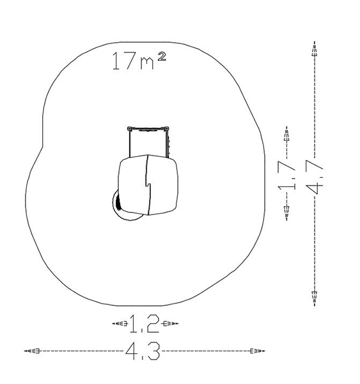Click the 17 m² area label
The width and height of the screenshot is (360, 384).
pyautogui.click(x=139, y=61)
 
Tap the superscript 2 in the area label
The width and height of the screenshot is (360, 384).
pyautogui.click(x=162, y=56)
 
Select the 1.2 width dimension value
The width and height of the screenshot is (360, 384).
pyautogui.click(x=145, y=324)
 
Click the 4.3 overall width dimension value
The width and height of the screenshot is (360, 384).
pyautogui.click(x=143, y=351)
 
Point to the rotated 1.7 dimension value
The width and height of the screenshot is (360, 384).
pyautogui.click(x=286, y=175)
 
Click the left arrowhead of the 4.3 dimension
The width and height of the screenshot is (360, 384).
pyautogui.click(x=31, y=351)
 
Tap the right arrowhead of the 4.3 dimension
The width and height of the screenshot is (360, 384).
pyautogui.click(x=258, y=351)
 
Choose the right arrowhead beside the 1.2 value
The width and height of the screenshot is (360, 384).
pyautogui.click(x=171, y=323)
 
